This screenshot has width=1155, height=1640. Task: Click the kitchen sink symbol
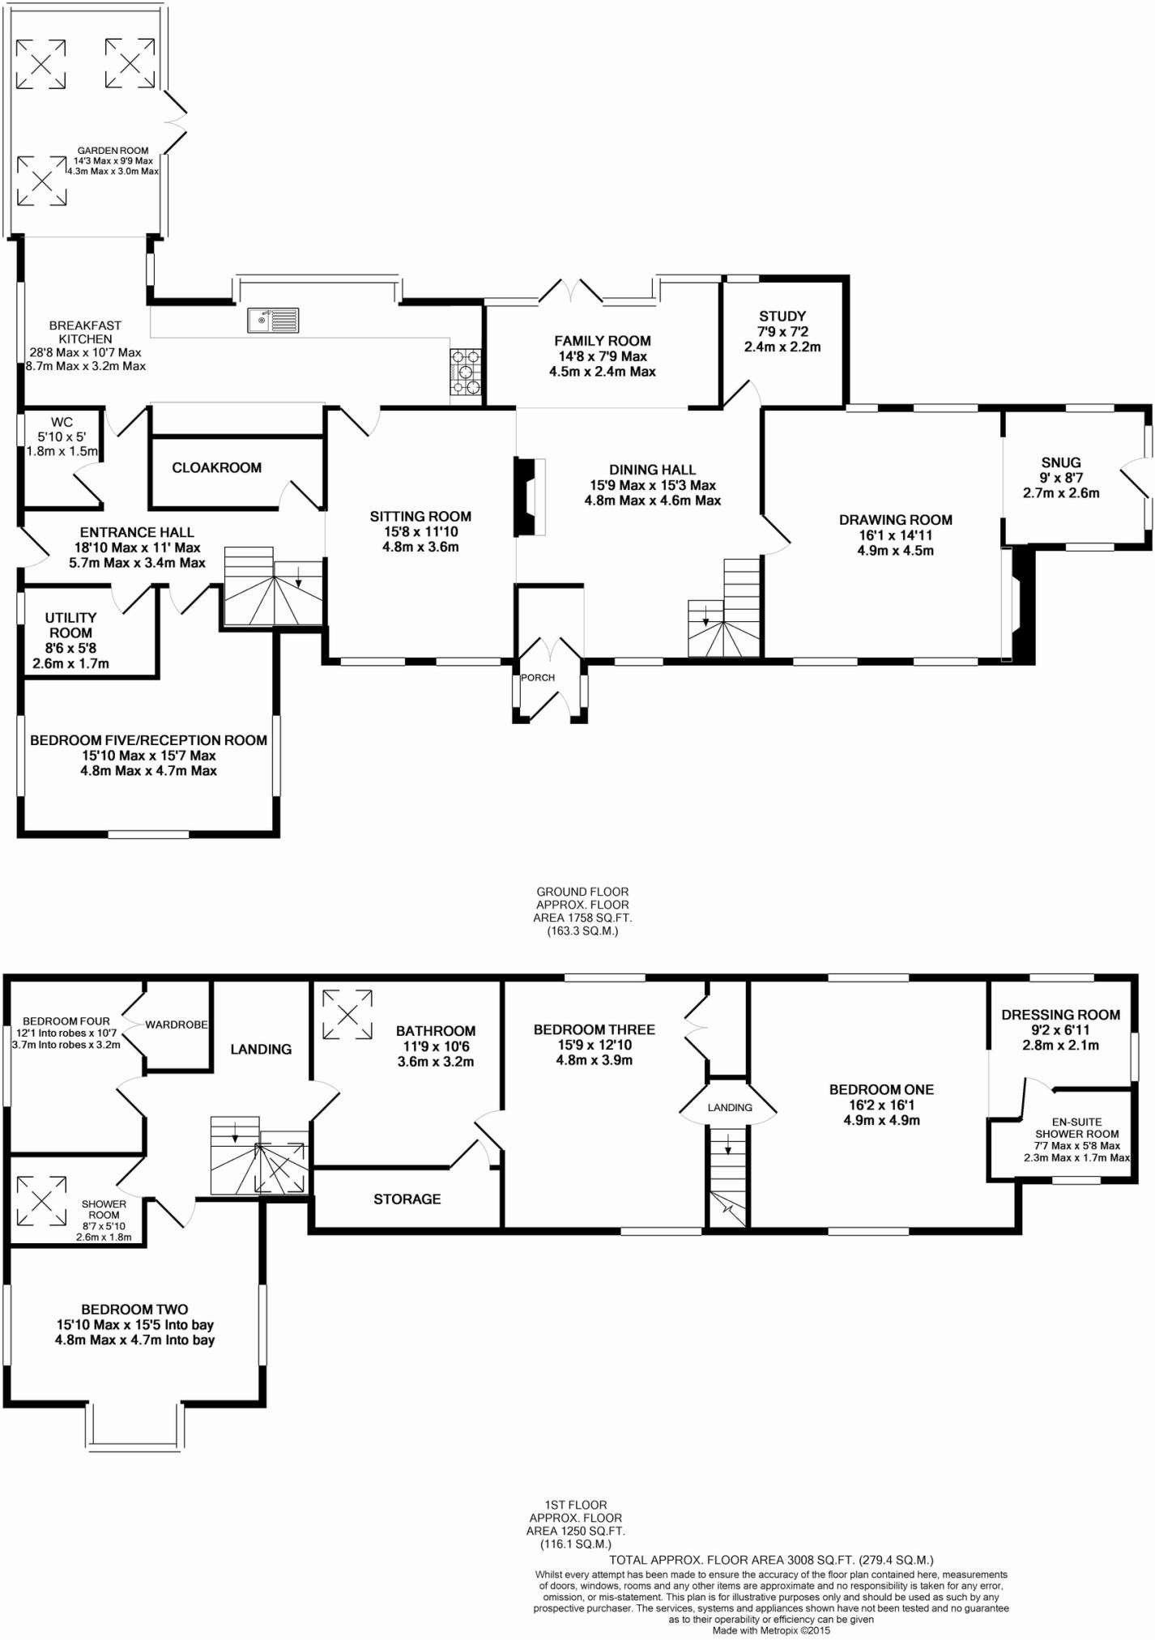coord(274,320)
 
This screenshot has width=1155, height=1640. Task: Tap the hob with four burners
coord(466,372)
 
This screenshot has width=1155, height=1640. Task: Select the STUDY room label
coord(782,316)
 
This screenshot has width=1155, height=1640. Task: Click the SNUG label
coord(1061,462)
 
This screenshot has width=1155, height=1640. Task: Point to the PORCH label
coord(538,678)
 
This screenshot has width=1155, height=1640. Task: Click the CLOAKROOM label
coord(216,467)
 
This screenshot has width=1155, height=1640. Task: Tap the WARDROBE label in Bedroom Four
coord(177,1024)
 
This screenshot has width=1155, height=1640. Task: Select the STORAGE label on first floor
coord(407,1199)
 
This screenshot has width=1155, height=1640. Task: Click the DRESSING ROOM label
coord(1061,1015)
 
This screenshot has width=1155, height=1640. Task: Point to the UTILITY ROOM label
coord(70,625)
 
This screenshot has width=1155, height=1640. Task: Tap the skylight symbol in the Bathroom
coord(348,1014)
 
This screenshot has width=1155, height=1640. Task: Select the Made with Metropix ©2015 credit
coord(771,1630)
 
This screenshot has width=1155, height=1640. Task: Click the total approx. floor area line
coord(771,1559)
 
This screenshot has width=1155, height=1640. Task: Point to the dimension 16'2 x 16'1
coord(881,1105)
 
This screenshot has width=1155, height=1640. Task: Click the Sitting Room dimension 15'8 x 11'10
coord(420,531)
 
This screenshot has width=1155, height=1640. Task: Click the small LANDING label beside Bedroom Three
coord(730,1107)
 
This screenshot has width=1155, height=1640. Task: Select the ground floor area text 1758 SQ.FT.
coord(582,918)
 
